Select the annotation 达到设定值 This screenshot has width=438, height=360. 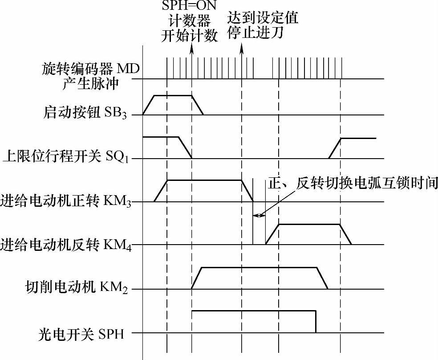coord(263,19)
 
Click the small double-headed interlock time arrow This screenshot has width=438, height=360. coord(259,216)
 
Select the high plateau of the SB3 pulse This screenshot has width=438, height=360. coord(173,95)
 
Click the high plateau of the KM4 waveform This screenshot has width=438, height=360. coord(309,224)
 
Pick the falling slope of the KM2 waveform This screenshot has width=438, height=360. coord(323,278)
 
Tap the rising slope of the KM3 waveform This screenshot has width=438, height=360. coord(160,191)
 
